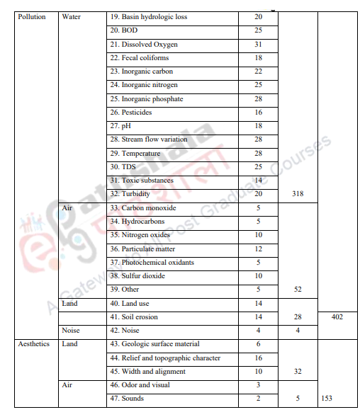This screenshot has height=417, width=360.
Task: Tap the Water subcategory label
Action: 72,17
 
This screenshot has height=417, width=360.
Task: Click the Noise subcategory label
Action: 71,331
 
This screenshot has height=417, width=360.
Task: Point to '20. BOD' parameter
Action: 124,30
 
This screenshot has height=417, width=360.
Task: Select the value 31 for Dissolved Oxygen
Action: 258,45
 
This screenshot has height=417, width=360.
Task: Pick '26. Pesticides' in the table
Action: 130,113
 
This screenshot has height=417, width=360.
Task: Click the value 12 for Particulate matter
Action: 258,249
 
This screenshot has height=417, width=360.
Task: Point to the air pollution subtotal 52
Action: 298,290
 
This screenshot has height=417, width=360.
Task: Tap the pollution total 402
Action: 337,317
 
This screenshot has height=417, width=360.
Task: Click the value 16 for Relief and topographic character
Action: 258,358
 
